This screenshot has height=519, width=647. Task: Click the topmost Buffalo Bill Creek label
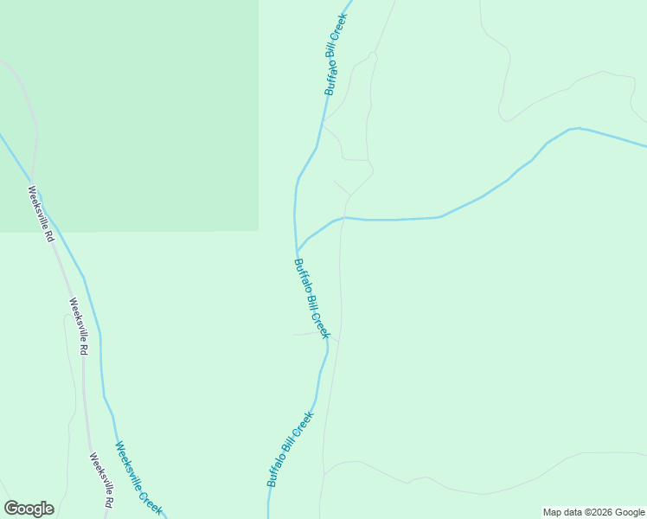point(336,54)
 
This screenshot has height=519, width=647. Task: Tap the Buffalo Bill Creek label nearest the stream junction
point(311,298)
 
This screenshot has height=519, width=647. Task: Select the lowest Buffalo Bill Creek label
point(290,449)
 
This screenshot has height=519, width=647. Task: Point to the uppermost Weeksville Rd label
point(41,214)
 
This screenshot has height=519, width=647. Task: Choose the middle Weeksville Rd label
point(79,327)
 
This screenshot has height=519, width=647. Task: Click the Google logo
point(29,509)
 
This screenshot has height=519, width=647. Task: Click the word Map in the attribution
point(554,512)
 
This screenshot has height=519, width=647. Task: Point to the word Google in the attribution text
point(631,512)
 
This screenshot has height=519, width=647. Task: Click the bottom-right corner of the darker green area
point(258,231)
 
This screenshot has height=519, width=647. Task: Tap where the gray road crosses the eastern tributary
point(343,217)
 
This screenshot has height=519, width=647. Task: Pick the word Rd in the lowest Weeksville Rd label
point(109,501)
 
